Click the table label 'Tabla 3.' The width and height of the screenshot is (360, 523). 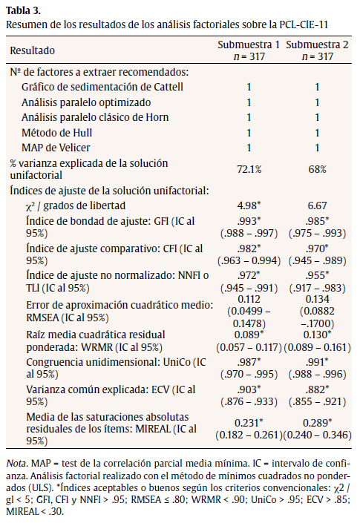22,10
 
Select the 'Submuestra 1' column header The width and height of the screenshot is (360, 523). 249,45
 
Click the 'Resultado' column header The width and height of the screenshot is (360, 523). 33,50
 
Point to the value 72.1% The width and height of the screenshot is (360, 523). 249,169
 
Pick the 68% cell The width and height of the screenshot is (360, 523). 317,169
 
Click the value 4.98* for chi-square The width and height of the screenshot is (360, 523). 249,205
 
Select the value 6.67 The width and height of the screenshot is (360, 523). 317,205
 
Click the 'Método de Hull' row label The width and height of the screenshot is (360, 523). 56,132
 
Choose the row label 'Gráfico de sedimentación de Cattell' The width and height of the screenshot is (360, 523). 93,88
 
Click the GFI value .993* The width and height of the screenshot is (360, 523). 249,221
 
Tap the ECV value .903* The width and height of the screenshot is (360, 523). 249,388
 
